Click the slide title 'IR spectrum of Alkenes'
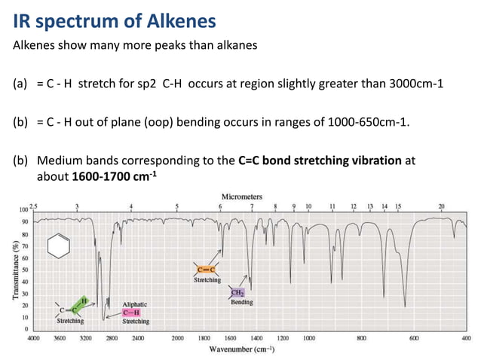(114, 20)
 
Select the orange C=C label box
(207, 270)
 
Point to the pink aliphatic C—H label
(133, 312)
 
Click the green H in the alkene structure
(84, 301)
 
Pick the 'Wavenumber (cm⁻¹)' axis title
(241, 349)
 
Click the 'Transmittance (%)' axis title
(15, 267)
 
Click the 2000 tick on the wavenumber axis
(177, 339)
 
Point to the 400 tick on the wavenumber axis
(467, 339)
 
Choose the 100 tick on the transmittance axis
(23, 209)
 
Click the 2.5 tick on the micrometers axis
(33, 205)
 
